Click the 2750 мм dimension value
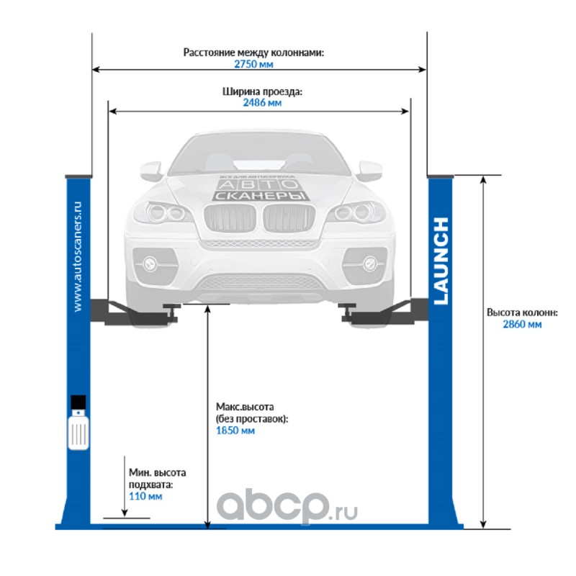coord(253,64)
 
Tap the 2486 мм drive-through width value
coord(262,102)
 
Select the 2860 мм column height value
coord(522,325)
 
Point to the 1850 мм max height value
coord(235,431)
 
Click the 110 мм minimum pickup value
coord(145,496)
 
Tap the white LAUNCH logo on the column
coord(441,261)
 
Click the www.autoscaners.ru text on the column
coord(77,256)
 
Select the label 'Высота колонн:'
coord(522,312)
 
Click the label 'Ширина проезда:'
coord(262,91)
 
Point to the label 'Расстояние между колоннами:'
coord(253,53)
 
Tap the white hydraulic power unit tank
coord(78,430)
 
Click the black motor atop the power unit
coord(78,402)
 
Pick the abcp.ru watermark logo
coord(287,506)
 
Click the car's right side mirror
coord(370,171)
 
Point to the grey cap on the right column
coord(441,176)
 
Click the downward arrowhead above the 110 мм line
coord(125,513)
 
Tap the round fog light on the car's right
coord(369,263)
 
